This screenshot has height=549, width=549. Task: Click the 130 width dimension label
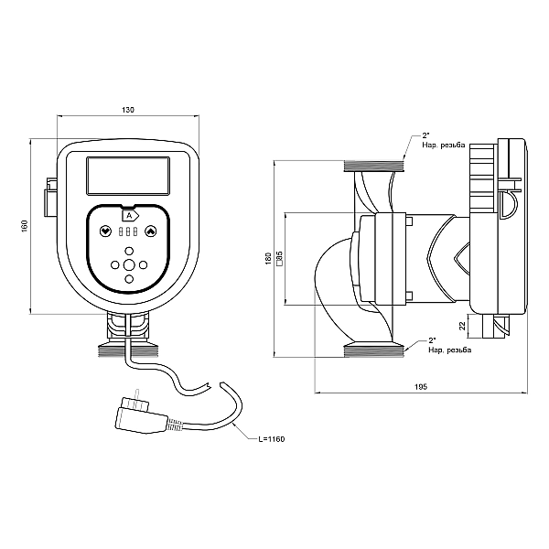127,110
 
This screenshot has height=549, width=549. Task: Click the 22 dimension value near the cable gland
463,325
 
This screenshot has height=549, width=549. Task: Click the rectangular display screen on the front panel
127,176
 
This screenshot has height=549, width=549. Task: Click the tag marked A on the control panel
128,215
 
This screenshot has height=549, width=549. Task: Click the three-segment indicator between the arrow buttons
128,232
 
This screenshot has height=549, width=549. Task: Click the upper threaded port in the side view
373,166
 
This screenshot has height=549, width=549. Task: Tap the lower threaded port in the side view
373,350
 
